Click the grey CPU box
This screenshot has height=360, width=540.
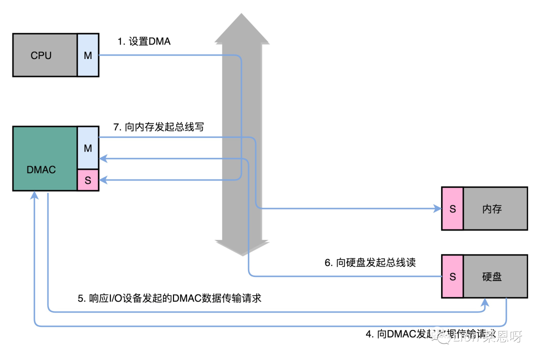coord(45,55)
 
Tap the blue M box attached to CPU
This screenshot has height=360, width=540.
coord(88,55)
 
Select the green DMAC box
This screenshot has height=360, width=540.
coord(45,159)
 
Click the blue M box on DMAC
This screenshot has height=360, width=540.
coord(88,148)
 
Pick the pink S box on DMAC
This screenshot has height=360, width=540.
coord(88,180)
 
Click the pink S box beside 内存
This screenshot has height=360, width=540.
coord(452,208)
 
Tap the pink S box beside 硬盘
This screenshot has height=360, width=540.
coord(452,276)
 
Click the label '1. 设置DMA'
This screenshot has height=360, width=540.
coord(144,41)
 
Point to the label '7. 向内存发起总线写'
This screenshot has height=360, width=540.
coord(158,127)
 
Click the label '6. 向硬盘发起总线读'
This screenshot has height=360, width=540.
coord(370,262)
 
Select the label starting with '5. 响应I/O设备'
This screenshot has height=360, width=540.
coord(169,298)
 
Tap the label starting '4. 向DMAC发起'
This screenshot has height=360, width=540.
coord(430,334)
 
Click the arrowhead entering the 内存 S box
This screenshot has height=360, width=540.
coord(436,208)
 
